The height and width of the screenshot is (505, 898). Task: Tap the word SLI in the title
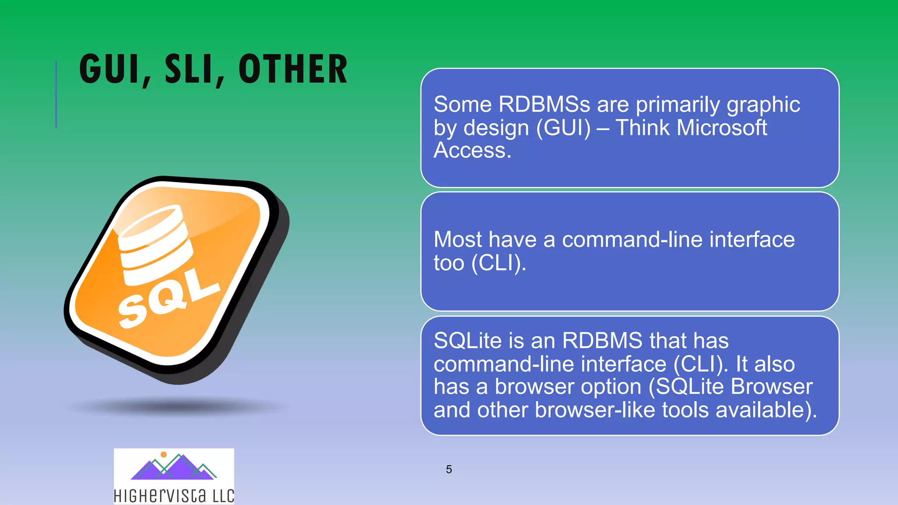point(191,69)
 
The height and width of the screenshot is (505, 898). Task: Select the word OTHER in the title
point(293,69)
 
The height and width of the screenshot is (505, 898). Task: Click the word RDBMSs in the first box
point(544,104)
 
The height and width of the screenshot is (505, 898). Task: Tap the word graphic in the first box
point(763,105)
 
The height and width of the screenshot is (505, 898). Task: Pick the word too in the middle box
point(449,263)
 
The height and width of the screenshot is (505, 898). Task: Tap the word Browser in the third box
point(771,387)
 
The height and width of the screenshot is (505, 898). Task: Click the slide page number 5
point(449,469)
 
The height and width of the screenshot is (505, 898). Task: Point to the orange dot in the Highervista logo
point(164,455)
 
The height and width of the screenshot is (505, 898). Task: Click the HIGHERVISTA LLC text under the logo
point(174,496)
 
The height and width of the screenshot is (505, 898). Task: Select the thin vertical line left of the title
point(56,94)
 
